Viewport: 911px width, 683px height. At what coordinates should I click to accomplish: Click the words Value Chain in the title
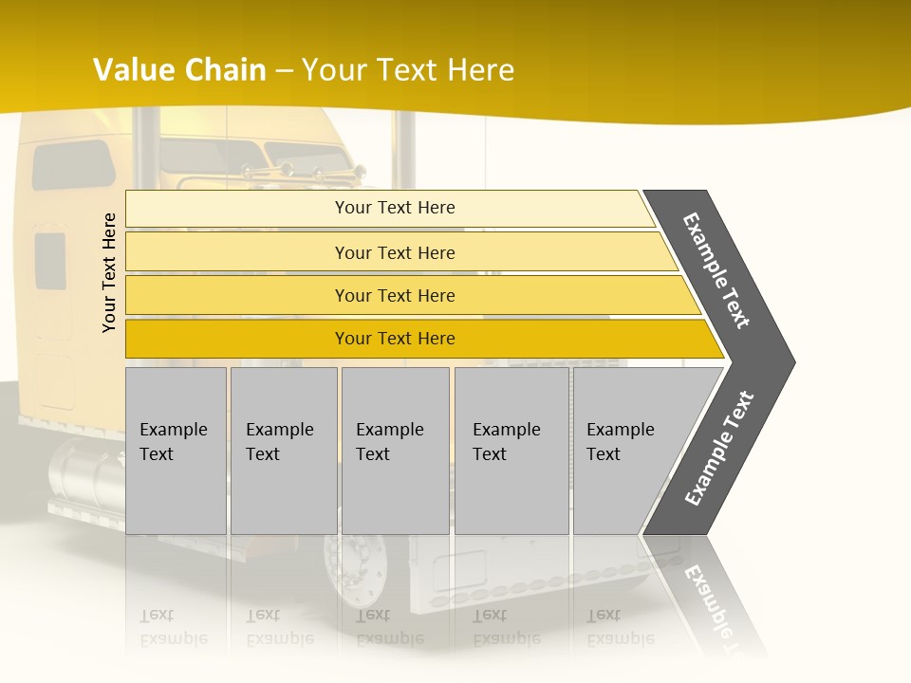tap(179, 70)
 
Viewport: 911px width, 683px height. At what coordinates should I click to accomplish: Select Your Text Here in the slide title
tap(408, 70)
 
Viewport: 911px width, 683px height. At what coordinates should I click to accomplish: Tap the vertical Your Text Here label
tap(109, 272)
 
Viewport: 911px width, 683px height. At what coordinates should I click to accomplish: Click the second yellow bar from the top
tap(394, 252)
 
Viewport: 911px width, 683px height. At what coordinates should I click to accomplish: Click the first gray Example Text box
tap(176, 451)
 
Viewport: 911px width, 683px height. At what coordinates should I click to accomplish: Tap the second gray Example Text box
tap(283, 451)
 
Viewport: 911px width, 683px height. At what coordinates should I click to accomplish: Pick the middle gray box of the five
tap(395, 451)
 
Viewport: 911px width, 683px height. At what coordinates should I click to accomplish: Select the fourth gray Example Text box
tap(511, 451)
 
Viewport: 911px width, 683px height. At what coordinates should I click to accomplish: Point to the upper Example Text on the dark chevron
tap(716, 270)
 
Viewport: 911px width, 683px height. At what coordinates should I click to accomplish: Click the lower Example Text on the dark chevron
tap(719, 448)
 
